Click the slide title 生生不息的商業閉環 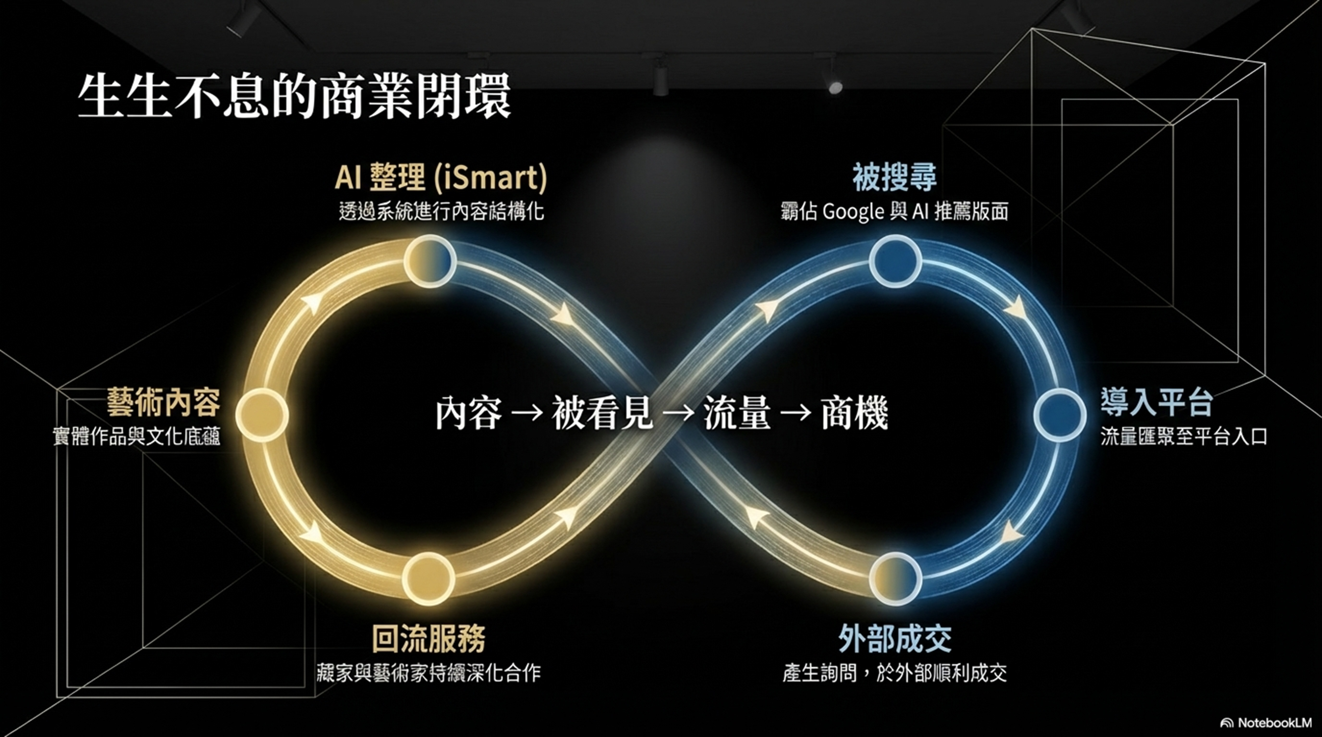(294, 97)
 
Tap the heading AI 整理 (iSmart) (441, 177)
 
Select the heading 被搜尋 (895, 177)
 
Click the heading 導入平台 (1157, 403)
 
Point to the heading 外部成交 (895, 638)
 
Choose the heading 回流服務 (428, 638)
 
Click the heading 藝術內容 (163, 403)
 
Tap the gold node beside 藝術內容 (262, 415)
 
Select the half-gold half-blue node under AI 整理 (430, 261)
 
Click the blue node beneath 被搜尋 (895, 261)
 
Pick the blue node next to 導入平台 (1059, 415)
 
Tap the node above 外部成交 (896, 579)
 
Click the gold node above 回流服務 (428, 579)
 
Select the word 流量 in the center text (737, 413)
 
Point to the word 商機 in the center (855, 413)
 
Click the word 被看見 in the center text (602, 413)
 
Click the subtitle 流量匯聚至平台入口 (1183, 437)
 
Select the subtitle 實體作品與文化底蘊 (136, 437)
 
